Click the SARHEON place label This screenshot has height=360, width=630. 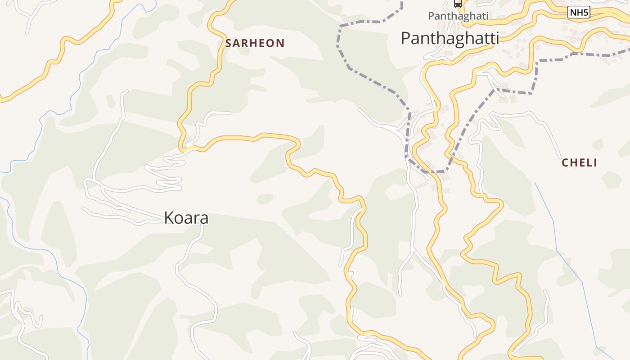[255, 43]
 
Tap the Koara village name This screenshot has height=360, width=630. [186, 218]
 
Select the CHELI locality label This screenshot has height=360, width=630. [579, 163]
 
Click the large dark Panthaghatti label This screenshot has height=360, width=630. [450, 39]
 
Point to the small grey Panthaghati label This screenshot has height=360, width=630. [458, 16]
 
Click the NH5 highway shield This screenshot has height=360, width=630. [579, 13]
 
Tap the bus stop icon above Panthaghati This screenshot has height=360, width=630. [458, 4]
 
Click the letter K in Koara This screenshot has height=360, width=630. [169, 218]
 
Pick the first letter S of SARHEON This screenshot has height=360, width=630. [229, 43]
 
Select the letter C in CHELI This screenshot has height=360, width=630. [565, 163]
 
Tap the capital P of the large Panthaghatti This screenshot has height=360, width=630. [405, 39]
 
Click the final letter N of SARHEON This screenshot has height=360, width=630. [280, 43]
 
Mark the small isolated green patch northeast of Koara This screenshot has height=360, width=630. [265, 198]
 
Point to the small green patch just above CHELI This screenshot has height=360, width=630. [598, 144]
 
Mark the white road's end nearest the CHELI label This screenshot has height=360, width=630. [560, 157]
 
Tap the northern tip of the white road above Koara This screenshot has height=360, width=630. [126, 92]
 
